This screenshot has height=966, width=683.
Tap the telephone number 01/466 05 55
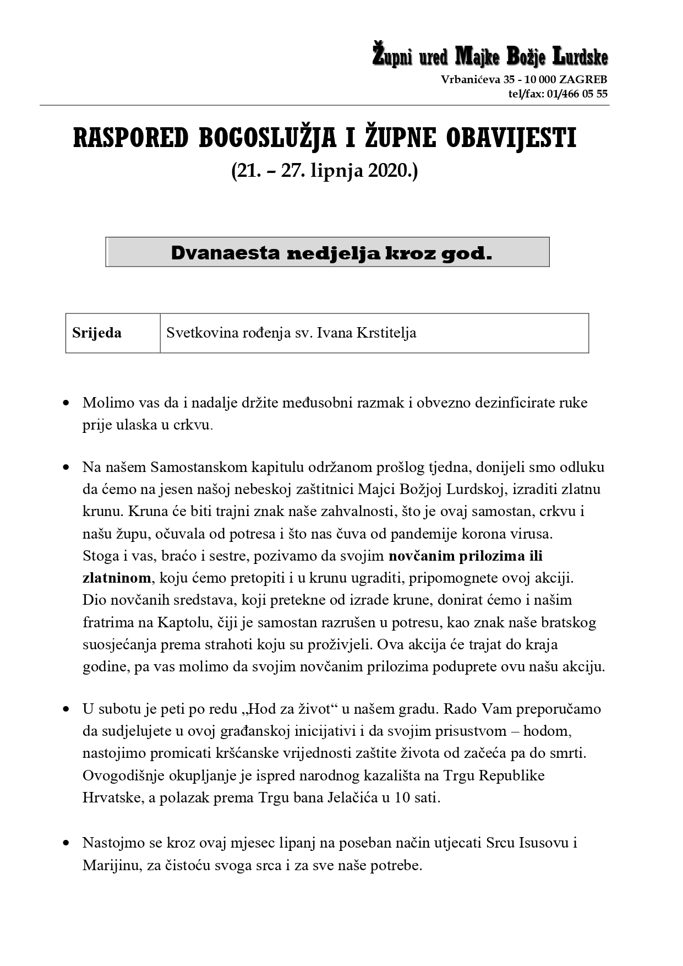click(576, 94)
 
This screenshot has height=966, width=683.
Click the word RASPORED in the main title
click(130, 138)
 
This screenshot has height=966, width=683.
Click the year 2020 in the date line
click(388, 171)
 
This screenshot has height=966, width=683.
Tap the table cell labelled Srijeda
click(97, 333)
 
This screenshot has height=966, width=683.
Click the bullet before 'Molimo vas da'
click(67, 403)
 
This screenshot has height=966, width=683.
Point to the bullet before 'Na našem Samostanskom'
click(67, 468)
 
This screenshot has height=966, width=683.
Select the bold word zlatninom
click(117, 578)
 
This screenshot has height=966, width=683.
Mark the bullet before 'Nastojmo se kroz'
click(67, 843)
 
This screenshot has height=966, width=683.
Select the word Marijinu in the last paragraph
click(112, 865)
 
